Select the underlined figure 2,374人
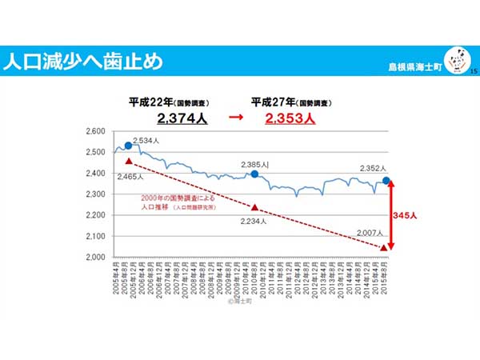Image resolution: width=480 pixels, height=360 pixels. [183, 118]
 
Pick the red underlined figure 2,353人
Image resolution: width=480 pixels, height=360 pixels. [290, 118]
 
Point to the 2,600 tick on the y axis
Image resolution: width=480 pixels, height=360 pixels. [95, 130]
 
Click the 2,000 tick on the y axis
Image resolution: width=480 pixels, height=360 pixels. [95, 258]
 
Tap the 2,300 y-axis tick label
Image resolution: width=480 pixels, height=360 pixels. [95, 194]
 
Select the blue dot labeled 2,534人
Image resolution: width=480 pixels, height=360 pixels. [128, 146]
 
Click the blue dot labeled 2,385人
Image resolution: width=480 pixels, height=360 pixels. [254, 174]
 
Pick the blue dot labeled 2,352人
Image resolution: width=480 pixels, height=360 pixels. [386, 181]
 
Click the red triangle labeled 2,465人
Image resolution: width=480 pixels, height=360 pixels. [128, 161]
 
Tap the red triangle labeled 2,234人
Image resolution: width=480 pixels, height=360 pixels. [254, 206]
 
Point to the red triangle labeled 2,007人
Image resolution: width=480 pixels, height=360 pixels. [384, 247]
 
